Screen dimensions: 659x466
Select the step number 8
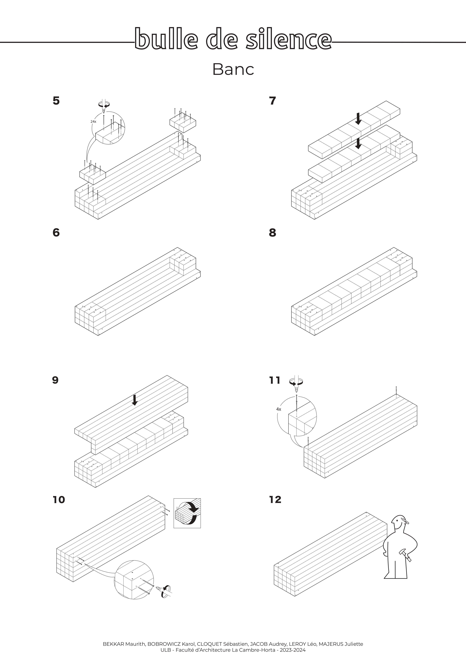pyautogui.click(x=272, y=233)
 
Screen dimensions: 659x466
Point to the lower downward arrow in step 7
pyautogui.click(x=358, y=144)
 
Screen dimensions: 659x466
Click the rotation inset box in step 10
pyautogui.click(x=187, y=513)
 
